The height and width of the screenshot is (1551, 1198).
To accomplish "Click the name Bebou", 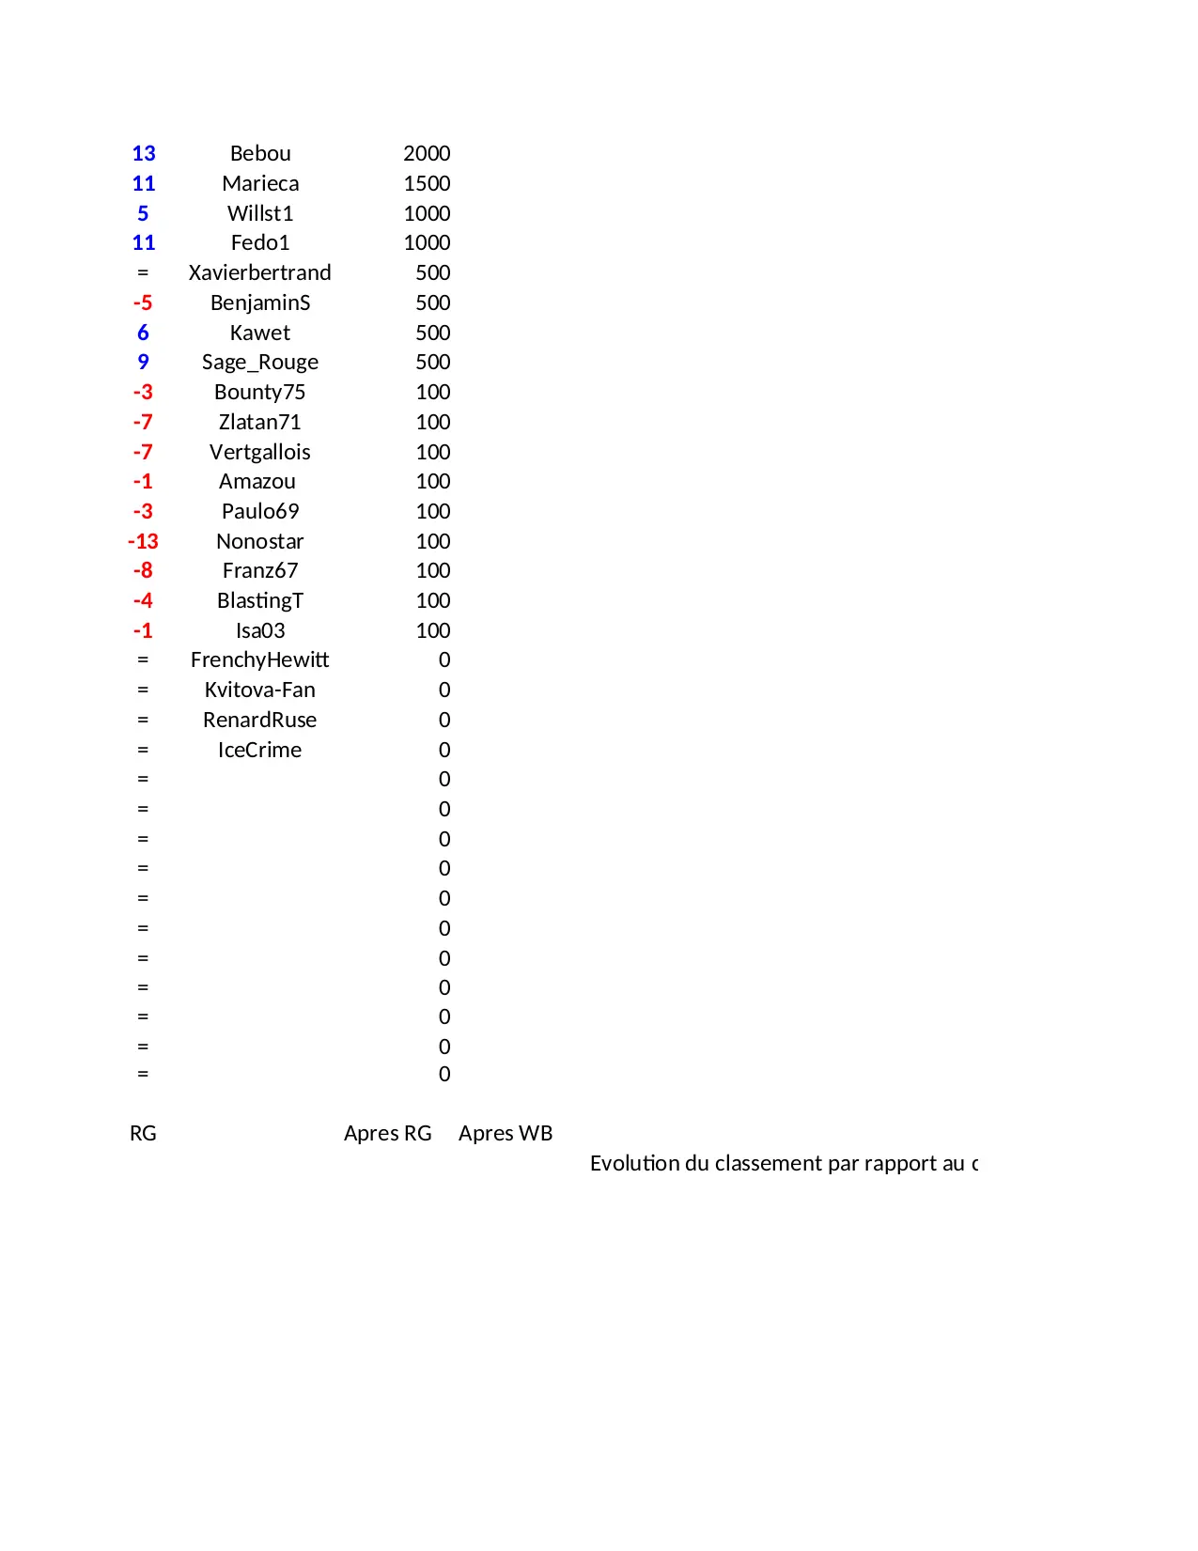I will tap(260, 153).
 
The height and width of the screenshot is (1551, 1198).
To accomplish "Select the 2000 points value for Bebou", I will tap(427, 153).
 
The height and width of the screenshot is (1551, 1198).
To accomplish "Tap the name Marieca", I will tap(260, 183).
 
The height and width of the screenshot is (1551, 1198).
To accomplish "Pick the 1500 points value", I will tap(427, 183).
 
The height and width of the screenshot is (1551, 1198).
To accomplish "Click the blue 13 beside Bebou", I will tap(144, 153).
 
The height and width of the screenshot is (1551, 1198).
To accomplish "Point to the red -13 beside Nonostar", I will tap(143, 541).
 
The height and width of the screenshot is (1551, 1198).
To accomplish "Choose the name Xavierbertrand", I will tap(259, 272).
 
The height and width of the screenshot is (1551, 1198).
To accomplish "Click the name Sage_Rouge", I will tap(260, 362).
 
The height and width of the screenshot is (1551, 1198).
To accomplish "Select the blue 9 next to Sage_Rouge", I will tap(143, 362).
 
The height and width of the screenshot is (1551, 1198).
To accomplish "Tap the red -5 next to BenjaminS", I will tap(143, 302).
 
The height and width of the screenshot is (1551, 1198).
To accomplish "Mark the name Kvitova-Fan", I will tap(260, 690).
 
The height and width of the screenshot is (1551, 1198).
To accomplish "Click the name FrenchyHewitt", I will tap(259, 659).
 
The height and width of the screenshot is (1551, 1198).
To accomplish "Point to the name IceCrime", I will tap(259, 750).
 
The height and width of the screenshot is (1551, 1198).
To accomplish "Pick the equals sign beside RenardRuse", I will tap(143, 720).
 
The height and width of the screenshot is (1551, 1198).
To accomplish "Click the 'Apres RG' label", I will tap(387, 1133).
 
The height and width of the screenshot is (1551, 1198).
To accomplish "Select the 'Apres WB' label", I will tap(506, 1133).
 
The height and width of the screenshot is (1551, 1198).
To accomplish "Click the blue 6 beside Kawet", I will tap(143, 333).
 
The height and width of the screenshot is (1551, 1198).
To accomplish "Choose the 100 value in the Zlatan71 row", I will tap(433, 422).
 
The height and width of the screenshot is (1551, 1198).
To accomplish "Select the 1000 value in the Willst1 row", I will tap(427, 213).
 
